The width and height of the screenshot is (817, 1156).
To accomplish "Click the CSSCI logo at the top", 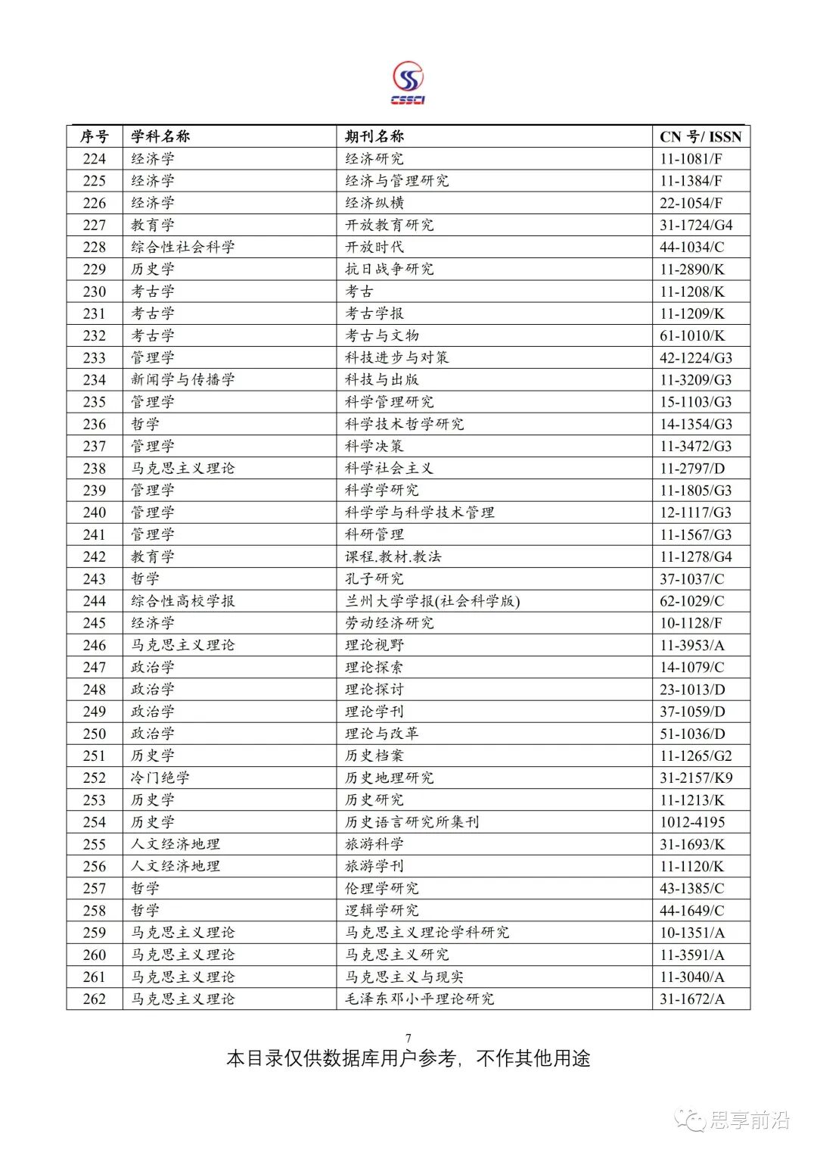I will click(408, 83).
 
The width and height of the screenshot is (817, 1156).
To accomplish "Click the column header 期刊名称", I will click(374, 136).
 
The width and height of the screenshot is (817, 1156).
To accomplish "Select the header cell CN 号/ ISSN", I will click(701, 137).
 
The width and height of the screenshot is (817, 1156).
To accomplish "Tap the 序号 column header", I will click(95, 136).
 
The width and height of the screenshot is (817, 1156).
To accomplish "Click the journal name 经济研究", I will click(374, 159).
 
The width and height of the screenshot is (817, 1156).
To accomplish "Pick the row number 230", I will click(95, 291).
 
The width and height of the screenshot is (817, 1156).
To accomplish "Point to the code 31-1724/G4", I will click(696, 225).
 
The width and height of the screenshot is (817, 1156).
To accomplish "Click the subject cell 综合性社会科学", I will click(183, 247).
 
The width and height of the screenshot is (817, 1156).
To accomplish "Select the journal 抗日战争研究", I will click(390, 269).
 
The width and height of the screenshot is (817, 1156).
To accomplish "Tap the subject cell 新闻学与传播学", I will click(183, 379).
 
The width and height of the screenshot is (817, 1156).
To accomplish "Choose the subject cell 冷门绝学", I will click(160, 777).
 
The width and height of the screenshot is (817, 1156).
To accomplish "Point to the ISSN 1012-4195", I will click(692, 822).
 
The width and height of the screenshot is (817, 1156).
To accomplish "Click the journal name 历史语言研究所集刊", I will click(412, 822).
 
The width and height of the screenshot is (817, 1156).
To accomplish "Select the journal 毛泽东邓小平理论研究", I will click(420, 999).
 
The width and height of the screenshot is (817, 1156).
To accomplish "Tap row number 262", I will click(95, 999).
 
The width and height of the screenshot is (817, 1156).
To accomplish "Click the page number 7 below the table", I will click(408, 1038).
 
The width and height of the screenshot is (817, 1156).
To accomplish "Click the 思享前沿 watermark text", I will click(749, 1120).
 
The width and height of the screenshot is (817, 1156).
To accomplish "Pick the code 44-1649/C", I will click(691, 910).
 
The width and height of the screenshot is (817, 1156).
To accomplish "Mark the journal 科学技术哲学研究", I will click(405, 424).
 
